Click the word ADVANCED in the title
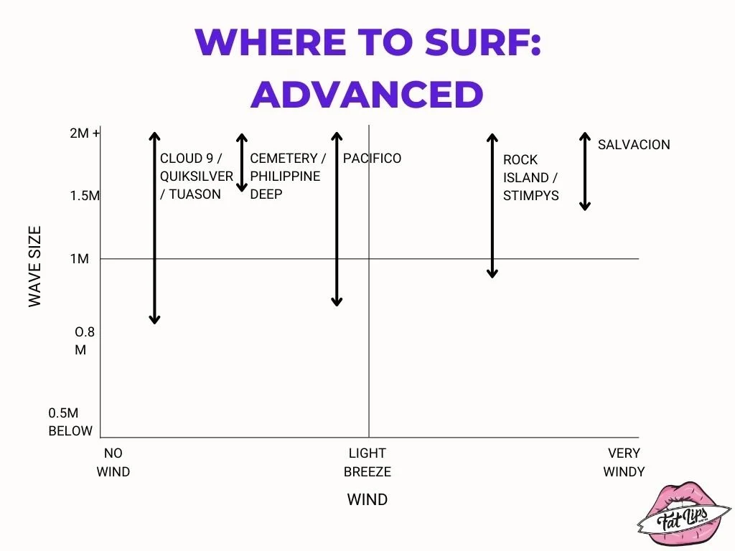[x=367, y=94]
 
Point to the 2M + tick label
[x=85, y=134]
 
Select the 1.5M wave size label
[x=85, y=196]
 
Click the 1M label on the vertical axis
[x=80, y=259]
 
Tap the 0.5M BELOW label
[x=70, y=422]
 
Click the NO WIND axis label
[x=113, y=462]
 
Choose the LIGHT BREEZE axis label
[x=367, y=462]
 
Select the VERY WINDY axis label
[x=624, y=462]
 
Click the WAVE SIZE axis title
[x=35, y=267]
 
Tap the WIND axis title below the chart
[x=367, y=499]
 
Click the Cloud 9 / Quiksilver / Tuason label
[x=196, y=176]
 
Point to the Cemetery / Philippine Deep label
[x=287, y=176]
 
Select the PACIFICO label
[x=372, y=159]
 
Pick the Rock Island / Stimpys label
[x=530, y=177]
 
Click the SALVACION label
[x=634, y=144]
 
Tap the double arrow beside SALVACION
[x=585, y=171]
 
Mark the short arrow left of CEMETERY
[x=242, y=163]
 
